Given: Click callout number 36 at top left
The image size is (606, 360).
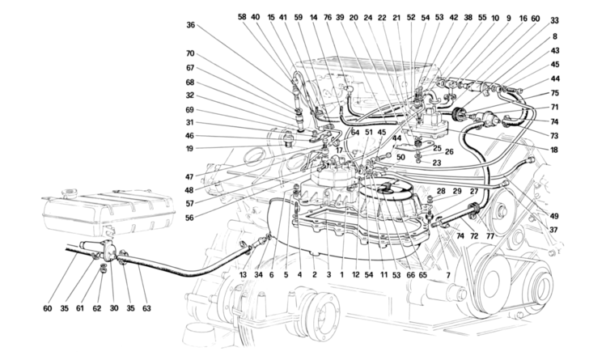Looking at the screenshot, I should pyautogui.click(x=190, y=25).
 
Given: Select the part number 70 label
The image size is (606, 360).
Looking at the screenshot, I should pyautogui.click(x=190, y=55).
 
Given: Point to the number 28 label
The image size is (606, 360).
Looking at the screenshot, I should pyautogui.click(x=442, y=191).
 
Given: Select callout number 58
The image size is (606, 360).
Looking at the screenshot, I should pyautogui.click(x=242, y=17).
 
